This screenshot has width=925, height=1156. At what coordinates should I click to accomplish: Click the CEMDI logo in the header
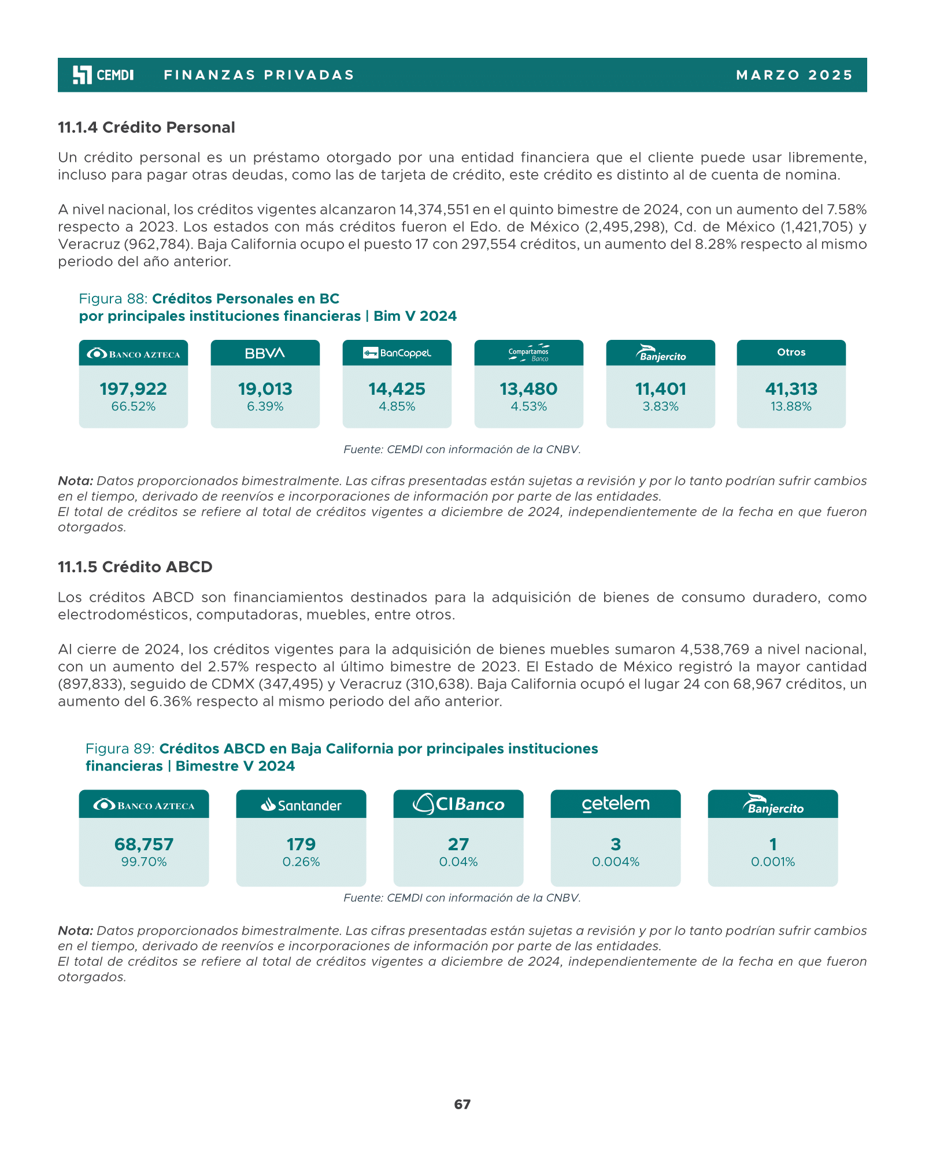pyautogui.click(x=103, y=75)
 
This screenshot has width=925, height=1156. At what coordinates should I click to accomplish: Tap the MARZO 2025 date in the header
pyautogui.click(x=794, y=75)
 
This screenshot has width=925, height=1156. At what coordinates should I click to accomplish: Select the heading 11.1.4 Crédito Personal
pyautogui.click(x=146, y=127)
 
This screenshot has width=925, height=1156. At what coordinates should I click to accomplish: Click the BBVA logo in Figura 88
pyautogui.click(x=265, y=353)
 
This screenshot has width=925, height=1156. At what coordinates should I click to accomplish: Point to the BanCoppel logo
pyautogui.click(x=397, y=353)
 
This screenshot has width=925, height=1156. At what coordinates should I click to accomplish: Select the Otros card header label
pyautogui.click(x=791, y=352)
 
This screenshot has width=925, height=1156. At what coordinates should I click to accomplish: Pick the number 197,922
pyautogui.click(x=133, y=389)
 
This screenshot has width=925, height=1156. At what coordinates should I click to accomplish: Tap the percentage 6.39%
pyautogui.click(x=265, y=406)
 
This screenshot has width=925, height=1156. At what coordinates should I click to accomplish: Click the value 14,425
pyautogui.click(x=397, y=389)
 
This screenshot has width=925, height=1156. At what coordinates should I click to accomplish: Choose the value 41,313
pyautogui.click(x=791, y=389)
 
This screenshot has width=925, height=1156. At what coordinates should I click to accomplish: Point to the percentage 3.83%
pyautogui.click(x=660, y=406)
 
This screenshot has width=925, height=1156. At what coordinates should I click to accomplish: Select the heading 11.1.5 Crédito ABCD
pyautogui.click(x=135, y=567)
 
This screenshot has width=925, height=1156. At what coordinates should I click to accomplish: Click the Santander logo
pyautogui.click(x=301, y=805)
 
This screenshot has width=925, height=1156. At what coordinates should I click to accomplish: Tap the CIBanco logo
pyautogui.click(x=458, y=804)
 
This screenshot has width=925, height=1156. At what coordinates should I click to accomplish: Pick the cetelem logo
pyautogui.click(x=616, y=804)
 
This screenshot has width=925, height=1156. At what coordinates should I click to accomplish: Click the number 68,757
pyautogui.click(x=144, y=844)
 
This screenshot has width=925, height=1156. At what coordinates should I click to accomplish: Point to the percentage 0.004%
pyautogui.click(x=616, y=862)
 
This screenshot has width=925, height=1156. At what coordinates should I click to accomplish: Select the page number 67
pyautogui.click(x=462, y=1105)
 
